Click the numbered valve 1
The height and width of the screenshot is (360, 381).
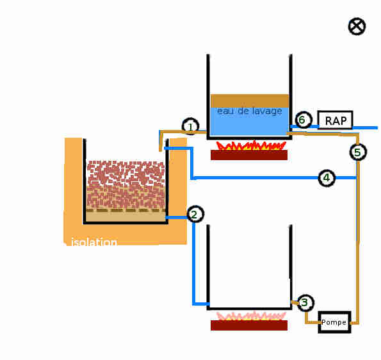[191, 126]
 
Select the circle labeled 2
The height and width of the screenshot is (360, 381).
[195, 214]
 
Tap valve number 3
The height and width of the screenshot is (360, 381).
[305, 302]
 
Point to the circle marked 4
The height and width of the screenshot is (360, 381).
[327, 178]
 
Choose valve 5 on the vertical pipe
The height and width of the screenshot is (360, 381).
[358, 152]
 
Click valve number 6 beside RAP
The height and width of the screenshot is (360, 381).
[304, 120]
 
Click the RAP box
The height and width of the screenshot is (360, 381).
[336, 120]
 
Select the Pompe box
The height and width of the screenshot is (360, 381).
[335, 322]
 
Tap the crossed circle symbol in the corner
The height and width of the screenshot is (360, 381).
[357, 26]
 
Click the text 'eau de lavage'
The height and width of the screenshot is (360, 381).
[250, 111]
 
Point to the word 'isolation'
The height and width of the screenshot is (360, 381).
[94, 242]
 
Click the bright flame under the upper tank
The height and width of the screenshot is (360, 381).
[250, 145]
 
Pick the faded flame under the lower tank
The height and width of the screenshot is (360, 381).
[250, 316]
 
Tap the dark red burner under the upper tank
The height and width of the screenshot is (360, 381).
[249, 155]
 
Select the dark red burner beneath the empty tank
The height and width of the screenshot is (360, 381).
[249, 325]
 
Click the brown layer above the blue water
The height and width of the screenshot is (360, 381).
[250, 101]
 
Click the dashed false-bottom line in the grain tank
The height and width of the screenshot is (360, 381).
[126, 210]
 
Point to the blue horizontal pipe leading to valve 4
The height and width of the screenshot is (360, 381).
[254, 178]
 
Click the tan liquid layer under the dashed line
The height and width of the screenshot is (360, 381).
[126, 217]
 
